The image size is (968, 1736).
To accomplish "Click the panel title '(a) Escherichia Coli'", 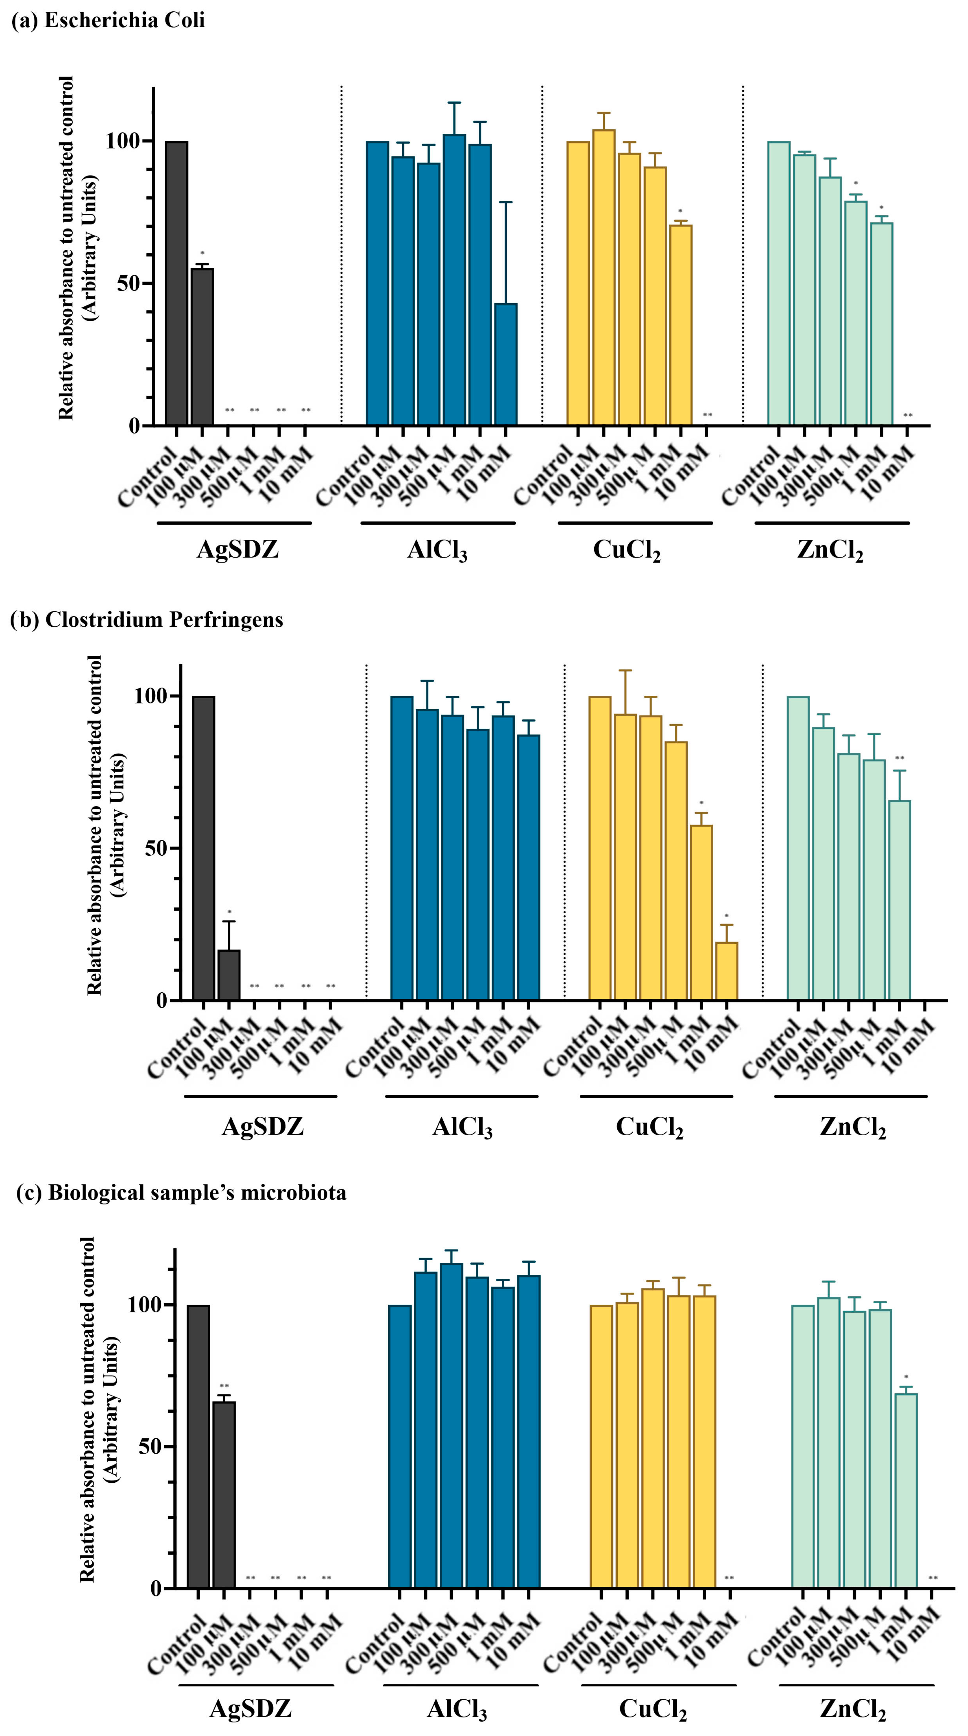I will [108, 20].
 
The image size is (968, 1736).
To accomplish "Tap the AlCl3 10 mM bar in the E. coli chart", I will [506, 364].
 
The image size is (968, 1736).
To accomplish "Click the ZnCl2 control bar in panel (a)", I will [778, 283].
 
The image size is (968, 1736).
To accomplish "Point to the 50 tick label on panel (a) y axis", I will [128, 284].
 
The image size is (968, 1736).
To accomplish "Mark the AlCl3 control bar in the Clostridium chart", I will [402, 848].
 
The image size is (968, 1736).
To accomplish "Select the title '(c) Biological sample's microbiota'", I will [181, 1193].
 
